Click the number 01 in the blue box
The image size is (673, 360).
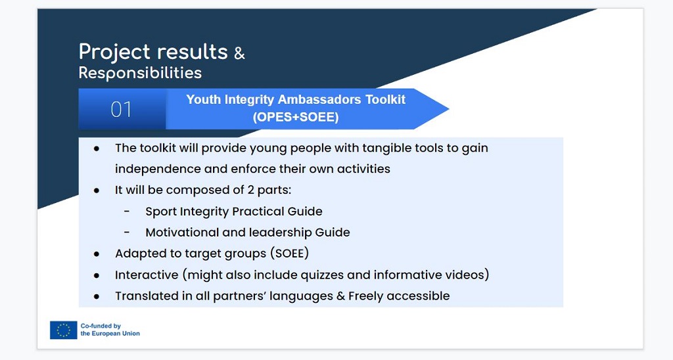point(121,109)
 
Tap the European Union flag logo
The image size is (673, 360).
point(64,330)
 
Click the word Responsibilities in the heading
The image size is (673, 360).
point(140,72)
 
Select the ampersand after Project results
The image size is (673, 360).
point(239,53)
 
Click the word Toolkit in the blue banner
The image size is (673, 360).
point(385,100)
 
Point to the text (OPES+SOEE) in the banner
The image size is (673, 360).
point(296,117)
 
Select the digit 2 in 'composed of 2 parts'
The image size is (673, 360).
point(250,190)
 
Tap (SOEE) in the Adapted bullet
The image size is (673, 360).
point(290,253)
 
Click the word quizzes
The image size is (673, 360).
point(322,275)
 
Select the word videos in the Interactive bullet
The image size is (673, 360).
point(466,275)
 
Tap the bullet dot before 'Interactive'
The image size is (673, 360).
point(97,275)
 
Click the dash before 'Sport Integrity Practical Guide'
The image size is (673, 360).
point(127,211)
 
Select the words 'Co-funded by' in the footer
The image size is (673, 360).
point(101,326)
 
